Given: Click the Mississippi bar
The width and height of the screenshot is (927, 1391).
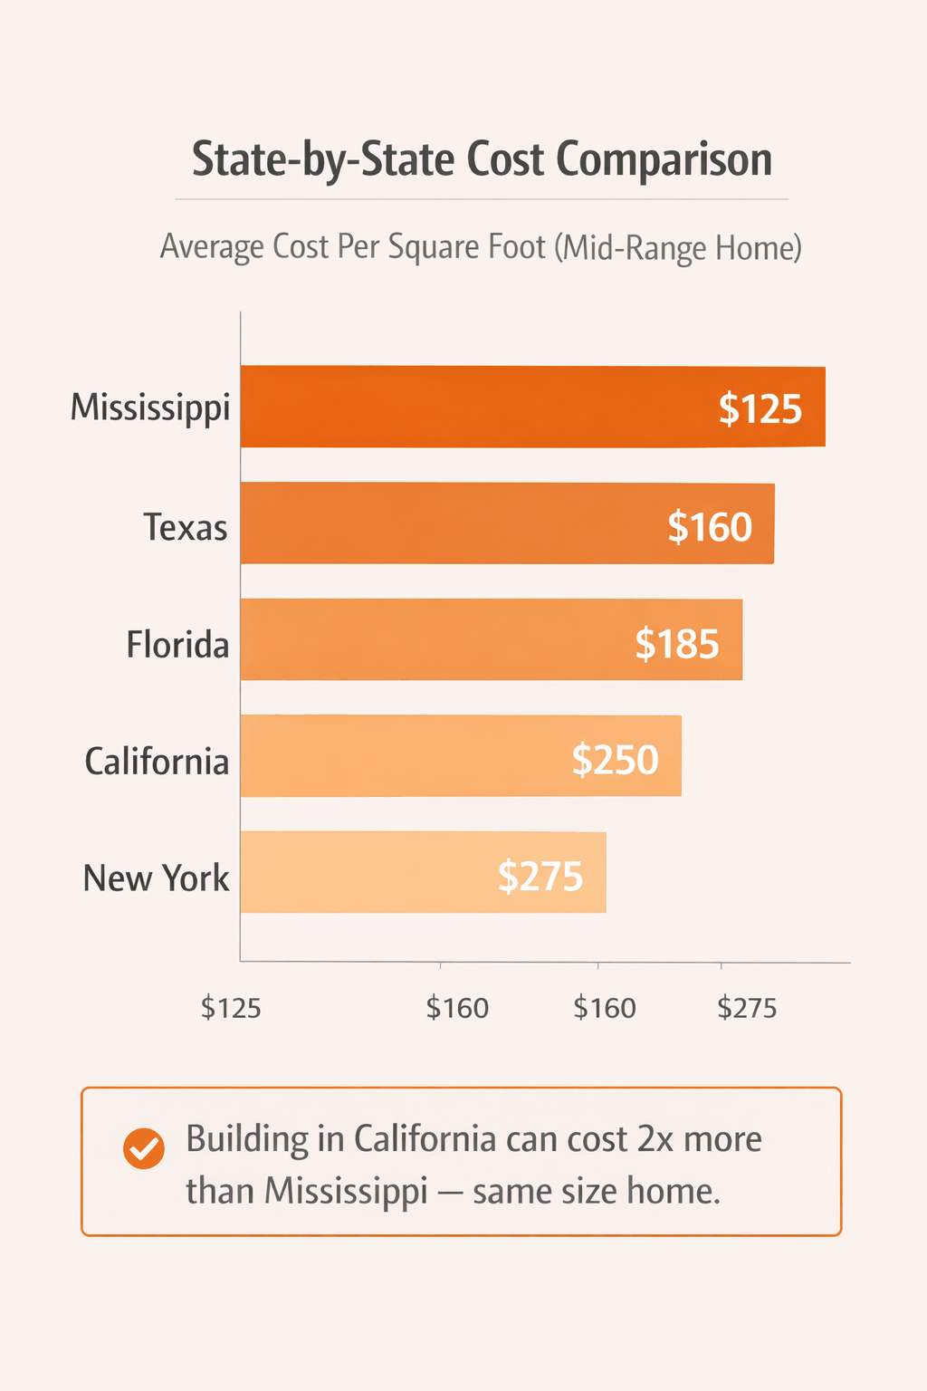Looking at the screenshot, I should [532, 407].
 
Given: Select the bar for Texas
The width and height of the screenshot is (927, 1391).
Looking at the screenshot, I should [507, 523].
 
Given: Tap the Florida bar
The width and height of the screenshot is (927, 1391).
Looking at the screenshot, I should [491, 639].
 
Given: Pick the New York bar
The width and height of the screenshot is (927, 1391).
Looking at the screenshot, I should [423, 872].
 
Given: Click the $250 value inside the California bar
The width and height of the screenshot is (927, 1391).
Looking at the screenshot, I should [615, 760].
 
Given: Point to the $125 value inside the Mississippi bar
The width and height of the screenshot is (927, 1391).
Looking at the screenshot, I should [760, 408].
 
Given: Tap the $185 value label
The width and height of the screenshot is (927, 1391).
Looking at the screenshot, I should [676, 644].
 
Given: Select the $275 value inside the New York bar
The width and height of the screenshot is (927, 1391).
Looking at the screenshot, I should [540, 877].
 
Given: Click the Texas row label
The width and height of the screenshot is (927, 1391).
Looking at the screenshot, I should [186, 527].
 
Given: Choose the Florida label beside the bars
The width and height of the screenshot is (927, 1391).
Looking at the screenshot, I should [177, 645].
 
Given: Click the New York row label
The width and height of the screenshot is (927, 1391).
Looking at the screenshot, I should [156, 878].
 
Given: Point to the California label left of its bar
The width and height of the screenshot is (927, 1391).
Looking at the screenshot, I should [157, 762].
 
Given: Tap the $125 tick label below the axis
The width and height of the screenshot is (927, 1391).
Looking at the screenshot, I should [231, 1008].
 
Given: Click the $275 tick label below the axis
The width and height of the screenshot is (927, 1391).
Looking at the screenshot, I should [747, 1008].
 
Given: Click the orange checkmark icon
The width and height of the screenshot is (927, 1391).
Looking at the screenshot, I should [143, 1149].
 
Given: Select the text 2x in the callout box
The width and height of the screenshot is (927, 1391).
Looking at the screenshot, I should [655, 1139].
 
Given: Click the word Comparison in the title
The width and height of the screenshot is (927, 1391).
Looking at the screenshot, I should [664, 159].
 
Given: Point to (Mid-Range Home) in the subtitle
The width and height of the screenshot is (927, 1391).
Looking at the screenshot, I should [678, 247].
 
